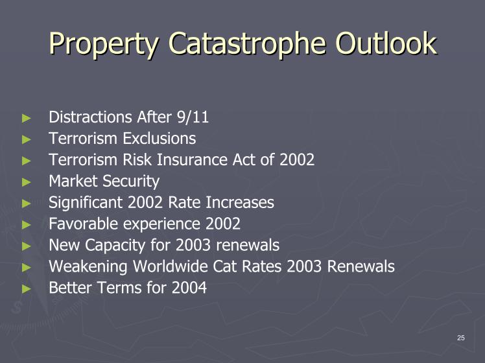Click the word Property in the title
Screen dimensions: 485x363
(104, 43)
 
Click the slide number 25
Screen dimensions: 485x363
(460, 338)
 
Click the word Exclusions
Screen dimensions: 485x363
(160, 138)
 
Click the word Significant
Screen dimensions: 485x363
(86, 203)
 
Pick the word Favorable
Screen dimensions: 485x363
(83, 224)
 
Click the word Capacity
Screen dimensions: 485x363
(115, 246)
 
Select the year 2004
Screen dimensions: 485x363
(189, 288)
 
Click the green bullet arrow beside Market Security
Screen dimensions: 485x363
(27, 181)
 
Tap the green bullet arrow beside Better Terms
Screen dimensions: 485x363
(27, 289)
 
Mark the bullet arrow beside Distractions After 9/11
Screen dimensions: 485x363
(27, 118)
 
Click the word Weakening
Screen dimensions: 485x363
(88, 267)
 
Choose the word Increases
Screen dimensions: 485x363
(240, 202)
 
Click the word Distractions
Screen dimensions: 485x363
(91, 117)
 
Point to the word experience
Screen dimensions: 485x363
(161, 224)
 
